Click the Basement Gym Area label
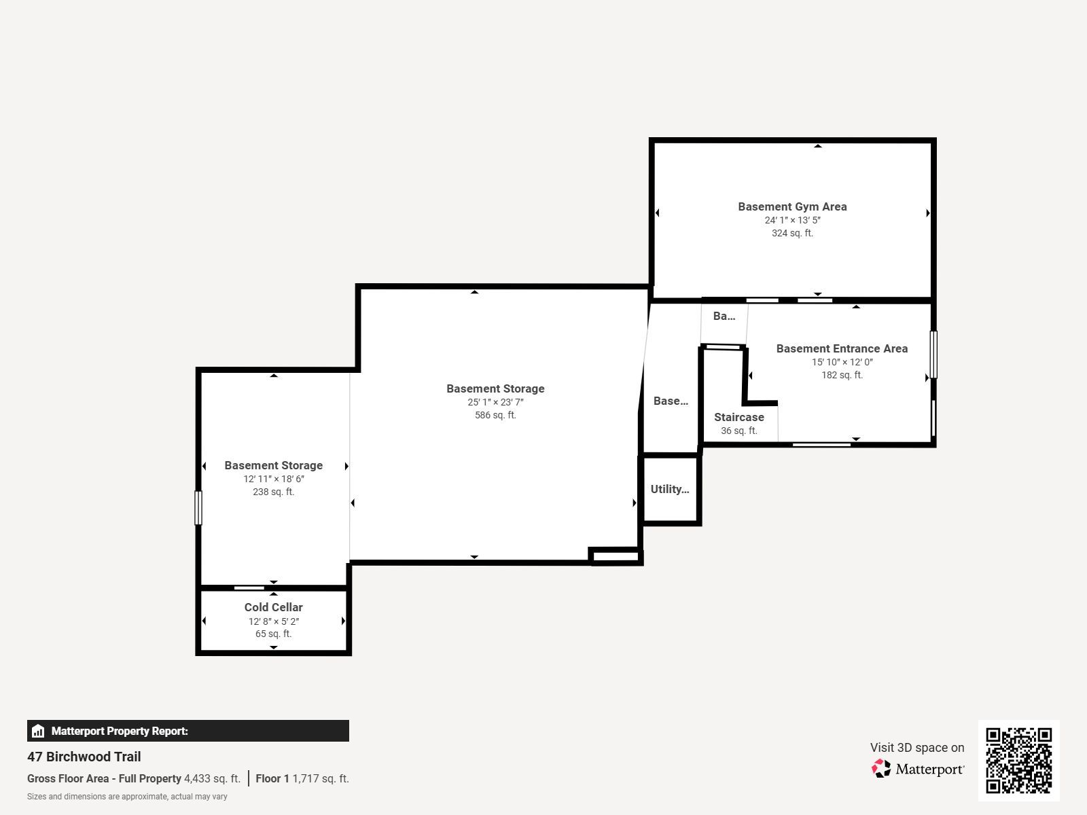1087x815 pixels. click(x=792, y=206)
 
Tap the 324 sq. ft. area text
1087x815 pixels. click(x=792, y=233)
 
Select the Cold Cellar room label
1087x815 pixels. click(x=273, y=607)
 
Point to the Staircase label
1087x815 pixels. click(x=739, y=417)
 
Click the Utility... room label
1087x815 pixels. click(x=670, y=489)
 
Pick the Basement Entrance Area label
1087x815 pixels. click(x=842, y=348)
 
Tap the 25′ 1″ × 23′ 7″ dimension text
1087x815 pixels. click(x=495, y=402)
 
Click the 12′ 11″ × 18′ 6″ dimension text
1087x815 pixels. click(x=273, y=479)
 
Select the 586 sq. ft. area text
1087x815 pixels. click(x=495, y=415)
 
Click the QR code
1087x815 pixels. click(x=1018, y=761)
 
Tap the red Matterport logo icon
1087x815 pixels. click(x=881, y=769)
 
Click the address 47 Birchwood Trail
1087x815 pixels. click(x=84, y=757)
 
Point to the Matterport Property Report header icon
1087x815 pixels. click(x=38, y=731)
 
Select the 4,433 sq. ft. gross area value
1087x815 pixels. click(x=212, y=778)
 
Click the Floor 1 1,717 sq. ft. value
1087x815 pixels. click(x=302, y=778)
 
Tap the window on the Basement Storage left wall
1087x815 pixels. click(x=198, y=508)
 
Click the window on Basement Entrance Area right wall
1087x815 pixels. click(x=933, y=355)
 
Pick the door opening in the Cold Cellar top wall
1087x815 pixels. click(x=249, y=588)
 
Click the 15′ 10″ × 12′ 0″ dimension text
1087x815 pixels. click(x=842, y=362)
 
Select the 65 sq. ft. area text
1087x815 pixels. click(x=273, y=634)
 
